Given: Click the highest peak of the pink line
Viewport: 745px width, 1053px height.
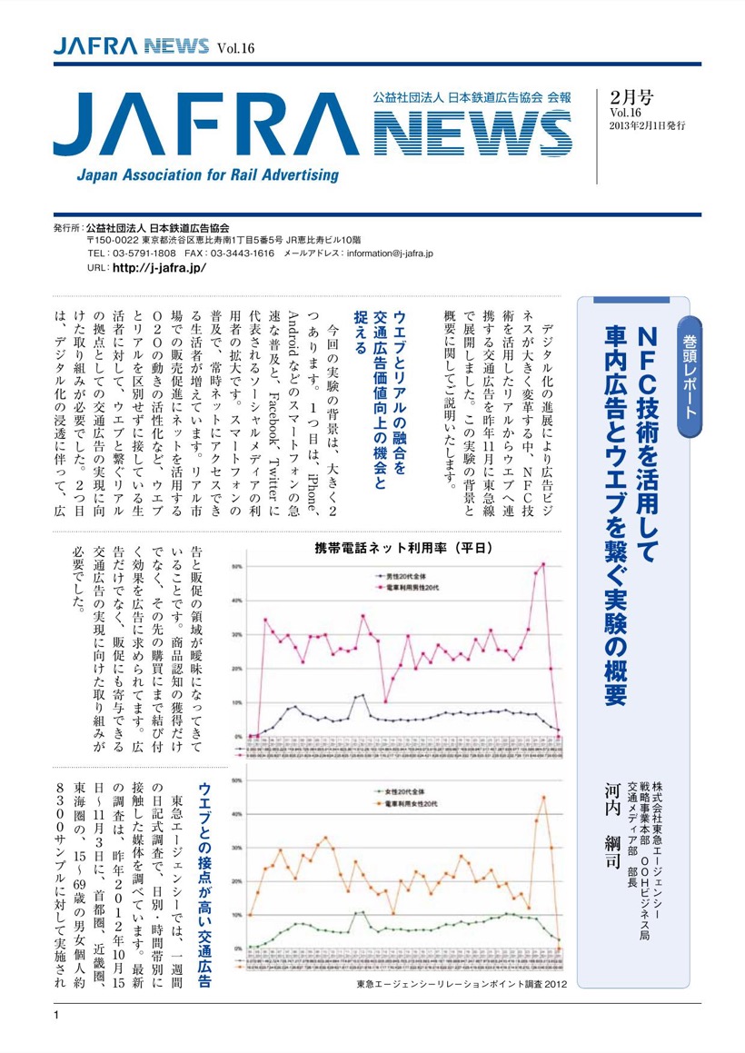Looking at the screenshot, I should [x=543, y=564].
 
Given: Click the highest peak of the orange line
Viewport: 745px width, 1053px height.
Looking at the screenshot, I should [x=543, y=797].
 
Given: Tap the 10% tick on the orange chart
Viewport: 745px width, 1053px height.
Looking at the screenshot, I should [x=237, y=915].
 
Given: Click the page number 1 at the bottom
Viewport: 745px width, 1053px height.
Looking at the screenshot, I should [x=56, y=1015].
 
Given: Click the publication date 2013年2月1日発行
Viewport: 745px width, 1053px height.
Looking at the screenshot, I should [x=648, y=124].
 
